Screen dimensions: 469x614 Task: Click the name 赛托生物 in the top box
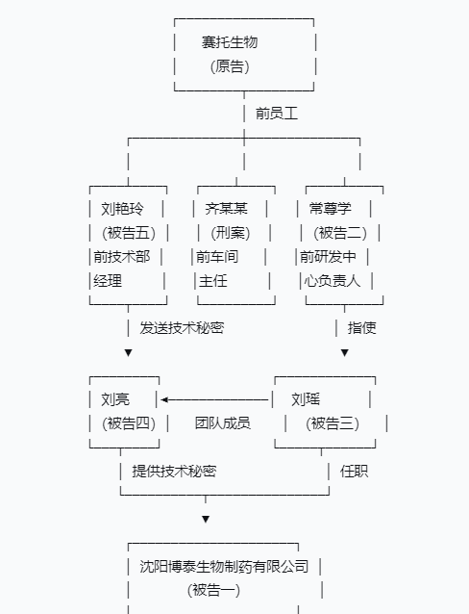[230, 42]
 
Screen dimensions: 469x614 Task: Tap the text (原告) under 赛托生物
[230, 66]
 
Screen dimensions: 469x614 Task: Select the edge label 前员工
[277, 114]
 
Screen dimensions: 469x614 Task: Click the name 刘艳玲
[122, 209]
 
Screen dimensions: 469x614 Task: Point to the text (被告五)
[129, 233]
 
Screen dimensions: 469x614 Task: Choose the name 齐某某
[227, 209]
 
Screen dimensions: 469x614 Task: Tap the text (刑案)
[231, 233]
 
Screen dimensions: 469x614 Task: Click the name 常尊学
[331, 209]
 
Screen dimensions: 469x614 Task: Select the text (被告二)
[340, 233]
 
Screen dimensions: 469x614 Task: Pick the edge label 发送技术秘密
[182, 328]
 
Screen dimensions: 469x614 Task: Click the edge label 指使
[362, 328]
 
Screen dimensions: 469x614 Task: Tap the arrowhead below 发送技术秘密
[128, 353]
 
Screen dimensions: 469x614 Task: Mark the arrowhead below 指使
[345, 353]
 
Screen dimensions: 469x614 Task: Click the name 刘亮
[115, 399]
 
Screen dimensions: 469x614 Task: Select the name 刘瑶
[306, 399]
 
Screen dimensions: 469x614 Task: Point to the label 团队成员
[223, 423]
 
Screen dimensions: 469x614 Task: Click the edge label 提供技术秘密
[174, 471]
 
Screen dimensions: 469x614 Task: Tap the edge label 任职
[354, 471]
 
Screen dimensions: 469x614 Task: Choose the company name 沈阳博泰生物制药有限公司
[224, 567]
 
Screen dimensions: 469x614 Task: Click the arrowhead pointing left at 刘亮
[164, 399]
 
